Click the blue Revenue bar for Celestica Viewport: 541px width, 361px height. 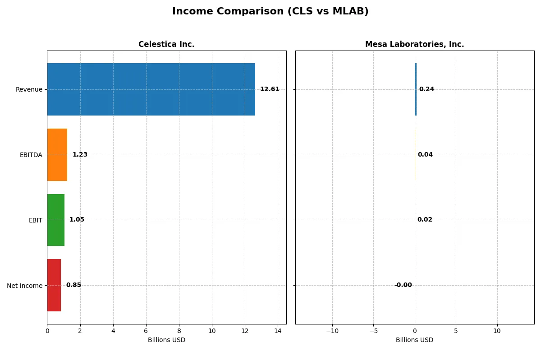[151, 89]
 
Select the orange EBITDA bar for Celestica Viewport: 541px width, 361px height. [57, 155]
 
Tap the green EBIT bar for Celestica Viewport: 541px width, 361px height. [56, 220]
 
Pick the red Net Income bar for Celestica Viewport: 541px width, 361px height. [54, 285]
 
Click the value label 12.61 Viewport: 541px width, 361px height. [270, 89]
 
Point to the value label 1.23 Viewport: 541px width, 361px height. [80, 155]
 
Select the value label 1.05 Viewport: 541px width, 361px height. [77, 220]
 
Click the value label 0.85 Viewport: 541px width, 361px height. [73, 285]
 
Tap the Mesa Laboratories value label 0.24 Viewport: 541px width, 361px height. [426, 89]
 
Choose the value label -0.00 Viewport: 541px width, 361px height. [403, 285]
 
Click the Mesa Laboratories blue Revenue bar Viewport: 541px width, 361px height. [416, 89]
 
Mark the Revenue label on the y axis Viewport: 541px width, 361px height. [29, 89]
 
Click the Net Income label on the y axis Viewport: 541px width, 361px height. [25, 286]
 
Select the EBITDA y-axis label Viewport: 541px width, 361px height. [31, 155]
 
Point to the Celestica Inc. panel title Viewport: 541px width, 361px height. [166, 45]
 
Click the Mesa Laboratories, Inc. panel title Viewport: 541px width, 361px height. [414, 45]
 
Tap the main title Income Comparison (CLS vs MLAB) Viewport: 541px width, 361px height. [270, 12]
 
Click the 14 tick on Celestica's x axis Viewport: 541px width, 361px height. [278, 331]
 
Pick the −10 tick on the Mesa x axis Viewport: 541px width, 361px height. [332, 331]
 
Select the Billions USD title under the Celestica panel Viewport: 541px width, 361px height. [166, 340]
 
